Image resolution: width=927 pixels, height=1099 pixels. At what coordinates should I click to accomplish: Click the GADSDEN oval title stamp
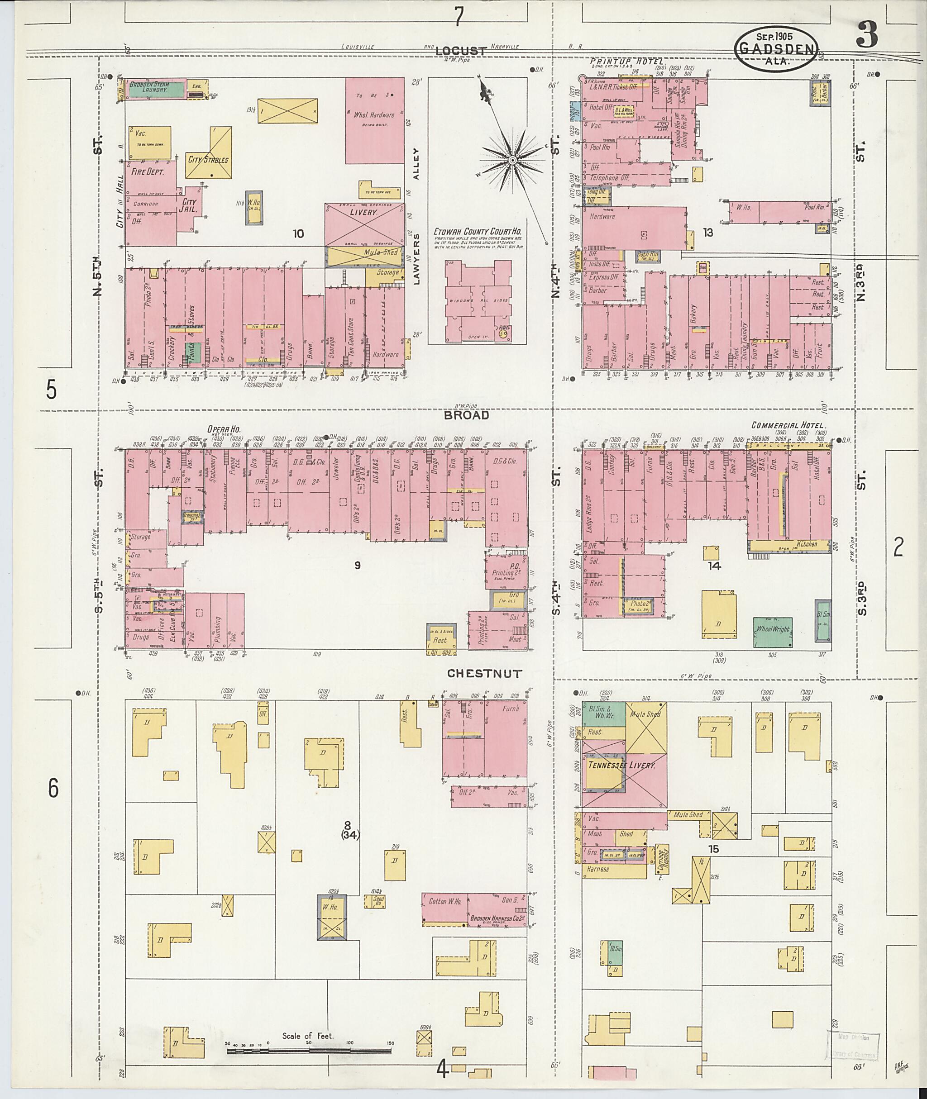[776, 48]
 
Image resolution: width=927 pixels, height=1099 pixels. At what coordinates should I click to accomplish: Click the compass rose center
[512, 159]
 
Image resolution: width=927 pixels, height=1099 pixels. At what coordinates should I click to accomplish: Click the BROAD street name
[466, 415]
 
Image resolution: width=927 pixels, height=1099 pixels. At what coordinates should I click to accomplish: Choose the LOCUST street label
[461, 51]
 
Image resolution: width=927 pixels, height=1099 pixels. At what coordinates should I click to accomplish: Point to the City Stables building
[209, 159]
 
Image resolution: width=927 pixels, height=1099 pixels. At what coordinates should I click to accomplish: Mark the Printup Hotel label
[628, 62]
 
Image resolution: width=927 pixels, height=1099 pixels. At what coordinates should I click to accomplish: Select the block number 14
[714, 565]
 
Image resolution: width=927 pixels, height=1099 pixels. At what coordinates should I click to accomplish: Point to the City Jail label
[189, 205]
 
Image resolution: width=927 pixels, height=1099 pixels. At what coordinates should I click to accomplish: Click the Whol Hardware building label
[373, 115]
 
